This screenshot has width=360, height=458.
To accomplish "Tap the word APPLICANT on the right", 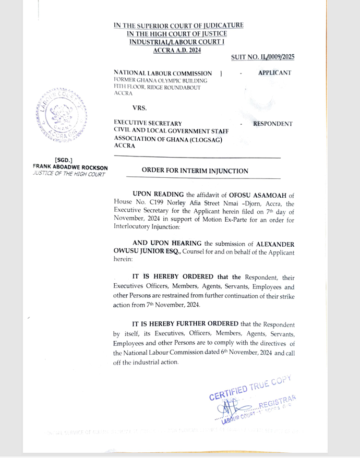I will coord(274,73).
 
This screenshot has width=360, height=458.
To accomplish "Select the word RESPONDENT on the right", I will coord(272,124).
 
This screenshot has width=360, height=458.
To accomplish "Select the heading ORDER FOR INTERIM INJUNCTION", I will coord(195,171).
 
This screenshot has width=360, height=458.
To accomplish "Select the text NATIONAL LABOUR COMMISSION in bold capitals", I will coord(163,74).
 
